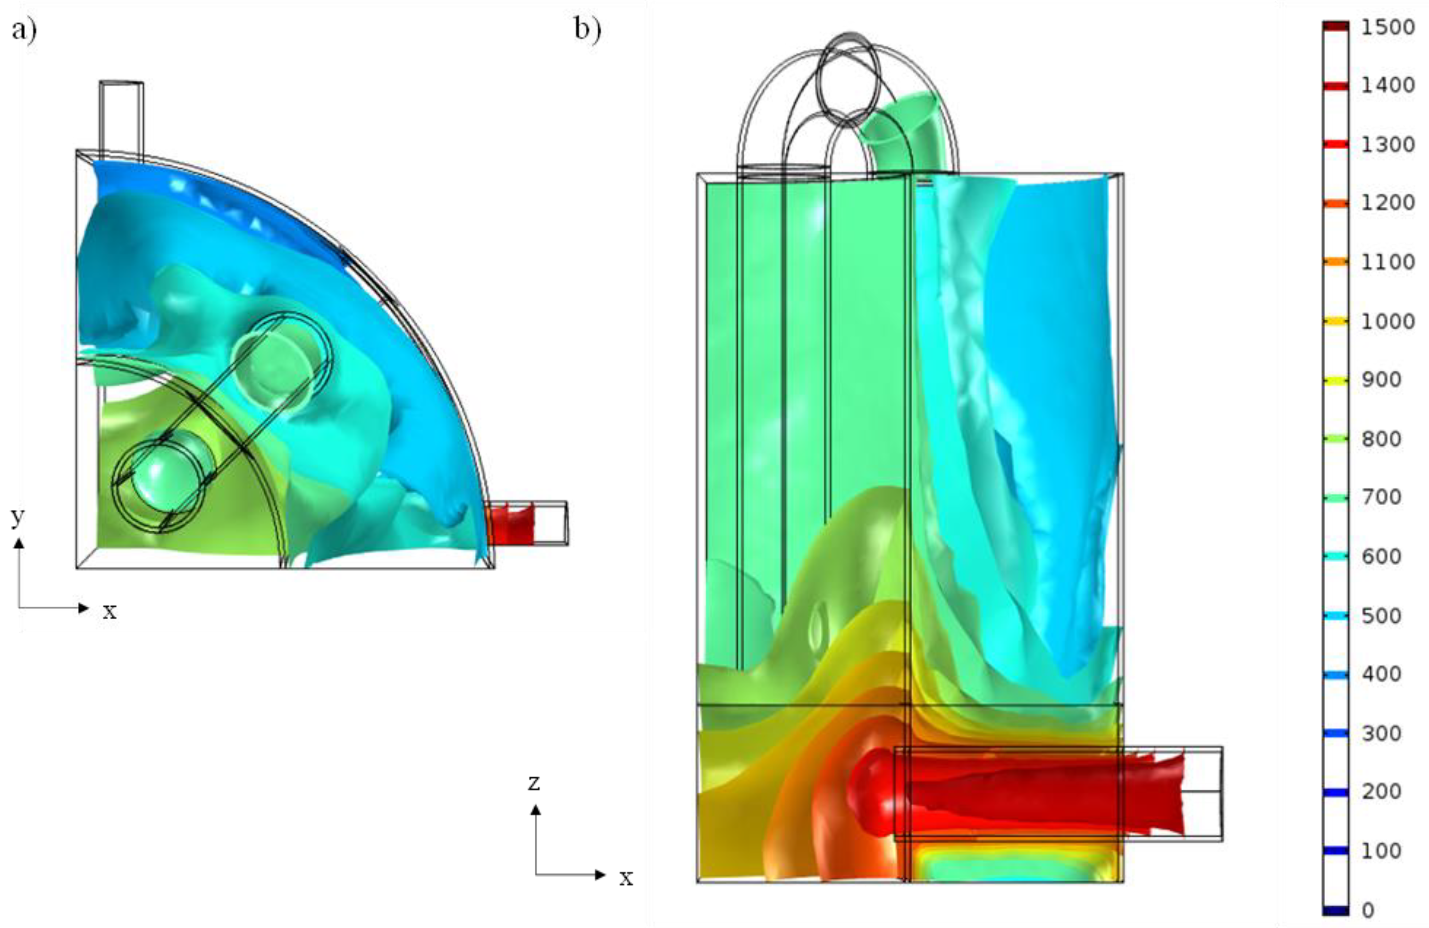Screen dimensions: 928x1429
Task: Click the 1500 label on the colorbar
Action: click(1387, 27)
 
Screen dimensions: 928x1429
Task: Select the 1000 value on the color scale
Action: click(1387, 321)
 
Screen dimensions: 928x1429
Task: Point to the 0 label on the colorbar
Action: click(1368, 910)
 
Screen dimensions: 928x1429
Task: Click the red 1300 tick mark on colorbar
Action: click(1336, 144)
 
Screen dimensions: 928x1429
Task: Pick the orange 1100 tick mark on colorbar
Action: click(1336, 262)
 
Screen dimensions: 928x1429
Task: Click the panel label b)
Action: click(587, 29)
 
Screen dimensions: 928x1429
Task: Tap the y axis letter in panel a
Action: click(18, 515)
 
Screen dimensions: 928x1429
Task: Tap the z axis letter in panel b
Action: click(534, 783)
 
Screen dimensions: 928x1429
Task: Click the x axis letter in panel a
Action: click(109, 611)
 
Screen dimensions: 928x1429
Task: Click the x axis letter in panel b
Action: click(626, 878)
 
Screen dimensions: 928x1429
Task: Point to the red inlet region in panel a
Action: click(510, 524)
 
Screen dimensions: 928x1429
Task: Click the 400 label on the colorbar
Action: click(1381, 674)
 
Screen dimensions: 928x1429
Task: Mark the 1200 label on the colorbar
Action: click(1387, 203)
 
